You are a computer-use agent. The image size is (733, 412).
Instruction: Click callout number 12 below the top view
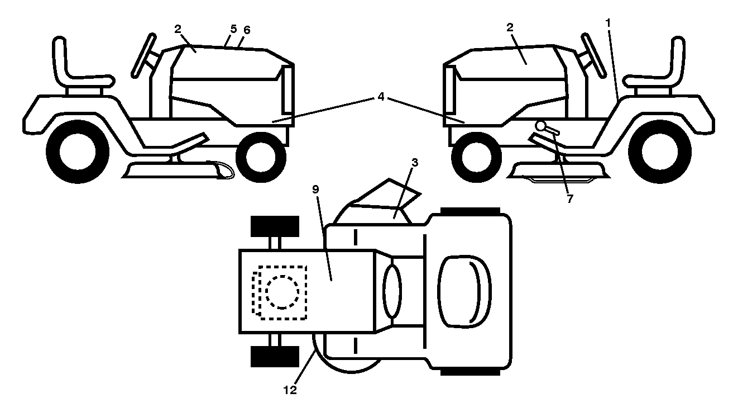pos(290,390)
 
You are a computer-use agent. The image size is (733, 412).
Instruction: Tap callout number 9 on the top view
pos(315,190)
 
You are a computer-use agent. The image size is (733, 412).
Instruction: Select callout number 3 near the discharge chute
pos(415,163)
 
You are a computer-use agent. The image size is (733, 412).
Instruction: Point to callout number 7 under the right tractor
pos(570,198)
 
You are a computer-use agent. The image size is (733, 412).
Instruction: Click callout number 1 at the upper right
pos(608,23)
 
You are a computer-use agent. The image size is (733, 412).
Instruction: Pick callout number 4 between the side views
pos(381,97)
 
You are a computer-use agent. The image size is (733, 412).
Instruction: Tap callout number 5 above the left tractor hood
pos(233,29)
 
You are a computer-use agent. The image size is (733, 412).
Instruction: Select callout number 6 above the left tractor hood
pos(247,30)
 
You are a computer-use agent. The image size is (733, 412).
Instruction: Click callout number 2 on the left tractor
pos(178,29)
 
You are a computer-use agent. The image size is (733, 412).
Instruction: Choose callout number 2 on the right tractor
pos(510,27)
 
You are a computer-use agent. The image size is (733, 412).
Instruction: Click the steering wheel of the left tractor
pos(143,56)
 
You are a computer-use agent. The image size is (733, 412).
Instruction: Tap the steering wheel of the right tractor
pos(593,55)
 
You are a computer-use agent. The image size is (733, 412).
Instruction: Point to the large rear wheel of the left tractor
pos(78,151)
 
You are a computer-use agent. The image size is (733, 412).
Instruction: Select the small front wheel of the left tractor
pos(261,157)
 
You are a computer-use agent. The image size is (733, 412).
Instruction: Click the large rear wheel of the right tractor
pos(660,151)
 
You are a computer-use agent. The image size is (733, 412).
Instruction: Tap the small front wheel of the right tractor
pos(476,157)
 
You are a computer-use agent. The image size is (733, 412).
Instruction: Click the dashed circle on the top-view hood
pos(282,292)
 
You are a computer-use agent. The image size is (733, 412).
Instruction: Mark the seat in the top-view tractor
pos(464,292)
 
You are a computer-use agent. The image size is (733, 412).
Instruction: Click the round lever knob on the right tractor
pos(540,126)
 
